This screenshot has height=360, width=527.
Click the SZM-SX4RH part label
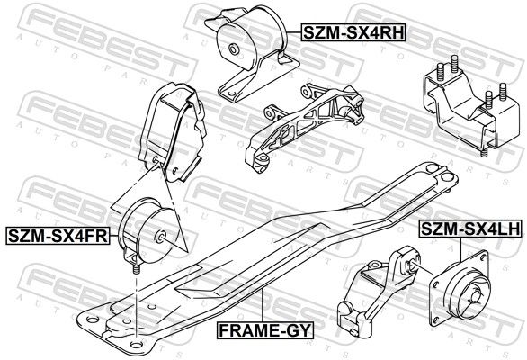[353, 32]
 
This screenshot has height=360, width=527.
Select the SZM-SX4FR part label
[58, 236]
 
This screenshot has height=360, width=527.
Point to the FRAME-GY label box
[265, 330]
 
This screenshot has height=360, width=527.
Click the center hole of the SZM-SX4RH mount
[233, 49]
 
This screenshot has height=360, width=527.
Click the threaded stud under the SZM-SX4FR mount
[136, 269]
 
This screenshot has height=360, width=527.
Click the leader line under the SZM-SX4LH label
[460, 250]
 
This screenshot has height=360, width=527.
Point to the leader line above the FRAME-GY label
[262, 305]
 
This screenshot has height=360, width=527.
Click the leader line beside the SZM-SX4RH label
[294, 32]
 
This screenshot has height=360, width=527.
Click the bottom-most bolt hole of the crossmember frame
[136, 345]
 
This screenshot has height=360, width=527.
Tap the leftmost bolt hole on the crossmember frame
[93, 319]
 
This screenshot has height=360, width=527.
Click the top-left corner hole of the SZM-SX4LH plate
[483, 257]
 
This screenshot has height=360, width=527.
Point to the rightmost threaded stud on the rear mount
[503, 92]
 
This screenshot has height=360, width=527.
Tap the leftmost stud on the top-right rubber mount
[440, 72]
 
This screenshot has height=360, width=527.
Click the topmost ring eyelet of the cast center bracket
[306, 91]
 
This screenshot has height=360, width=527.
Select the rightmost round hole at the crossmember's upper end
[446, 177]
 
